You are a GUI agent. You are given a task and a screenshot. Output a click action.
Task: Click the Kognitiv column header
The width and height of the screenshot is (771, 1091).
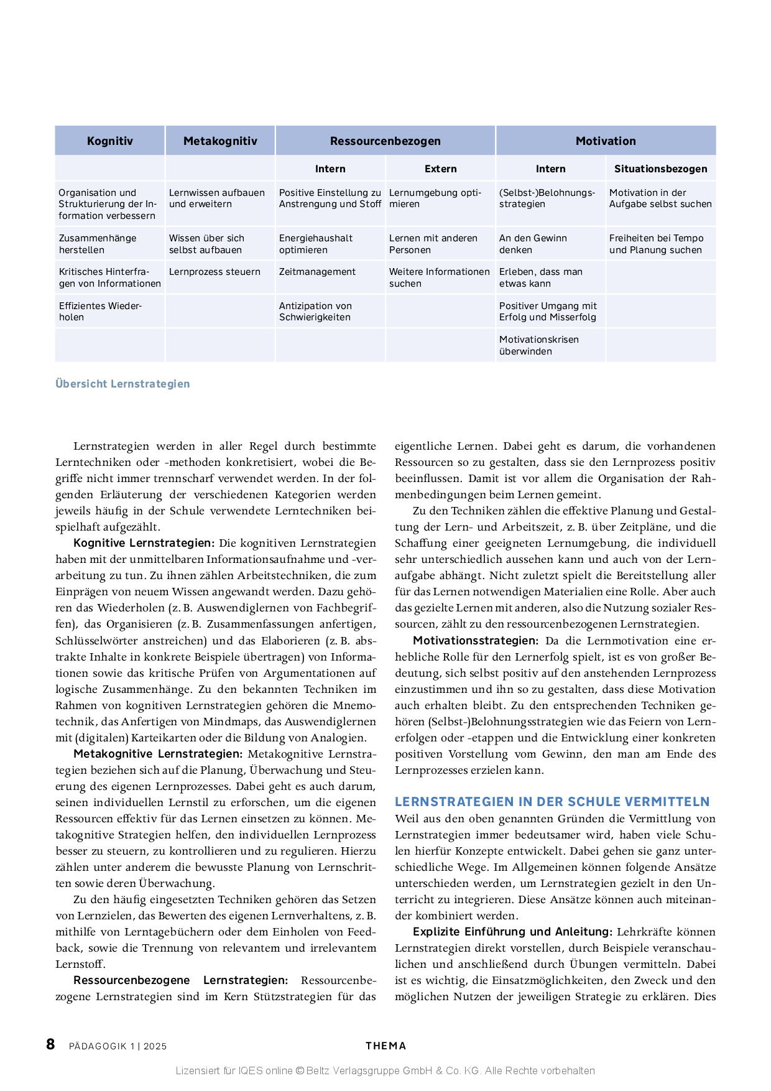point(110,141)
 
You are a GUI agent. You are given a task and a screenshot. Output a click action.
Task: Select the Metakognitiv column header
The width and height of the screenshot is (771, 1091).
point(220,141)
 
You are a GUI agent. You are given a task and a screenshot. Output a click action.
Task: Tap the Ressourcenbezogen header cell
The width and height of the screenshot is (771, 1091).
point(385,141)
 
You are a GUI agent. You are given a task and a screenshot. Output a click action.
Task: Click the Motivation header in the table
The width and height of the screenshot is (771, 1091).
point(606,141)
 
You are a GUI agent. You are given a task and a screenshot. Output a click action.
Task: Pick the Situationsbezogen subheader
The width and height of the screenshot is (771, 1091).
point(660,169)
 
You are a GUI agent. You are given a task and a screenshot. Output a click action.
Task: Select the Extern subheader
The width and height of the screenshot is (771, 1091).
point(440,169)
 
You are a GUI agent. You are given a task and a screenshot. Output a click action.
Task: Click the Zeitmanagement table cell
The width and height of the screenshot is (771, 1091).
point(317,272)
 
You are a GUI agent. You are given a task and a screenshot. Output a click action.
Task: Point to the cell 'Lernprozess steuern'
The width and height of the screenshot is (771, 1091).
point(215,272)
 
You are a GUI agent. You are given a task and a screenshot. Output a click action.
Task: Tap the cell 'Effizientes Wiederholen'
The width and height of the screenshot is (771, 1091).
point(100,311)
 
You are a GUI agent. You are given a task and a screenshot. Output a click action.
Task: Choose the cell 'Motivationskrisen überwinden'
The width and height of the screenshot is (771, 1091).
point(538,345)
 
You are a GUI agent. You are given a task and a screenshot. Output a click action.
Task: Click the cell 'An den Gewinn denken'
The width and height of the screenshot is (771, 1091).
point(533,244)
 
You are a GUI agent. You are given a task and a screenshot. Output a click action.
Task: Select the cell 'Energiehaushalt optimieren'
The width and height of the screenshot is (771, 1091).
point(316,244)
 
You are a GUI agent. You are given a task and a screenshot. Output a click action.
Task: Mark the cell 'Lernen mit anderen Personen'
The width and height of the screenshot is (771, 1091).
point(433,244)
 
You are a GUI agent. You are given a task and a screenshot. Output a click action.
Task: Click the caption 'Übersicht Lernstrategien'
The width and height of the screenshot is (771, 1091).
point(122,384)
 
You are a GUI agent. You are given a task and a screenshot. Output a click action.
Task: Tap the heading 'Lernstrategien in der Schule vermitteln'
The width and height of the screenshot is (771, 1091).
point(552,802)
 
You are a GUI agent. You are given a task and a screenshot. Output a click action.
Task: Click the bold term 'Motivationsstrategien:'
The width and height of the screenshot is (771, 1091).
point(476,641)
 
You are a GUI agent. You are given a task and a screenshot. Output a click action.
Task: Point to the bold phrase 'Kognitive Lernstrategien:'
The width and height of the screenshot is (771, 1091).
point(144,543)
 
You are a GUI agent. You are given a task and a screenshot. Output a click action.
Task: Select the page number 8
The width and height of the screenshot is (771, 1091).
point(50,1044)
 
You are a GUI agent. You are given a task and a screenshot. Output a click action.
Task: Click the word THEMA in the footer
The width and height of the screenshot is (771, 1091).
point(386,1046)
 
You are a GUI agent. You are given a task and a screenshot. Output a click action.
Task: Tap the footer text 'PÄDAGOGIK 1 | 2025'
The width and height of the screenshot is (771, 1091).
point(118,1046)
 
